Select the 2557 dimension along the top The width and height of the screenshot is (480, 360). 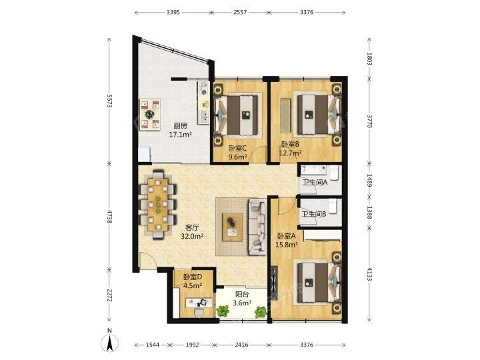click(x=240, y=12)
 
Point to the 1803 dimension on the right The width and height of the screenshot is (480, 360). click(x=369, y=59)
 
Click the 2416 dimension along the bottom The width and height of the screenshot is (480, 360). click(x=241, y=345)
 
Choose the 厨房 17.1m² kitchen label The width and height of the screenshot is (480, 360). click(x=180, y=130)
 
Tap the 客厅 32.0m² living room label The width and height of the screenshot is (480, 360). click(x=192, y=232)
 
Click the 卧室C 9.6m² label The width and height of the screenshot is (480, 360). click(x=237, y=153)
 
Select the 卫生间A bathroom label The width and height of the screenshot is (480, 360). click(x=315, y=183)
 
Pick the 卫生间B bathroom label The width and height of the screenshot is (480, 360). click(x=314, y=214)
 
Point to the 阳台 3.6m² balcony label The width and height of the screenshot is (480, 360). click(x=242, y=299)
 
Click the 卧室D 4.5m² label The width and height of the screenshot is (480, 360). click(x=193, y=281)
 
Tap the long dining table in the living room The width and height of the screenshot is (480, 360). click(x=158, y=204)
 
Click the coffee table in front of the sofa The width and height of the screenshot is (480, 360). click(x=233, y=227)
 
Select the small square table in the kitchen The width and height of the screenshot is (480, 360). click(x=150, y=115)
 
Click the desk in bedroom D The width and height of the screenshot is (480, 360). click(x=199, y=303)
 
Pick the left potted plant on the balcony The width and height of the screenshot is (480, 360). click(x=223, y=311)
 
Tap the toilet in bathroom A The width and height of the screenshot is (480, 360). click(x=334, y=172)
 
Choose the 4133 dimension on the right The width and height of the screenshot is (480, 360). click(x=369, y=273)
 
